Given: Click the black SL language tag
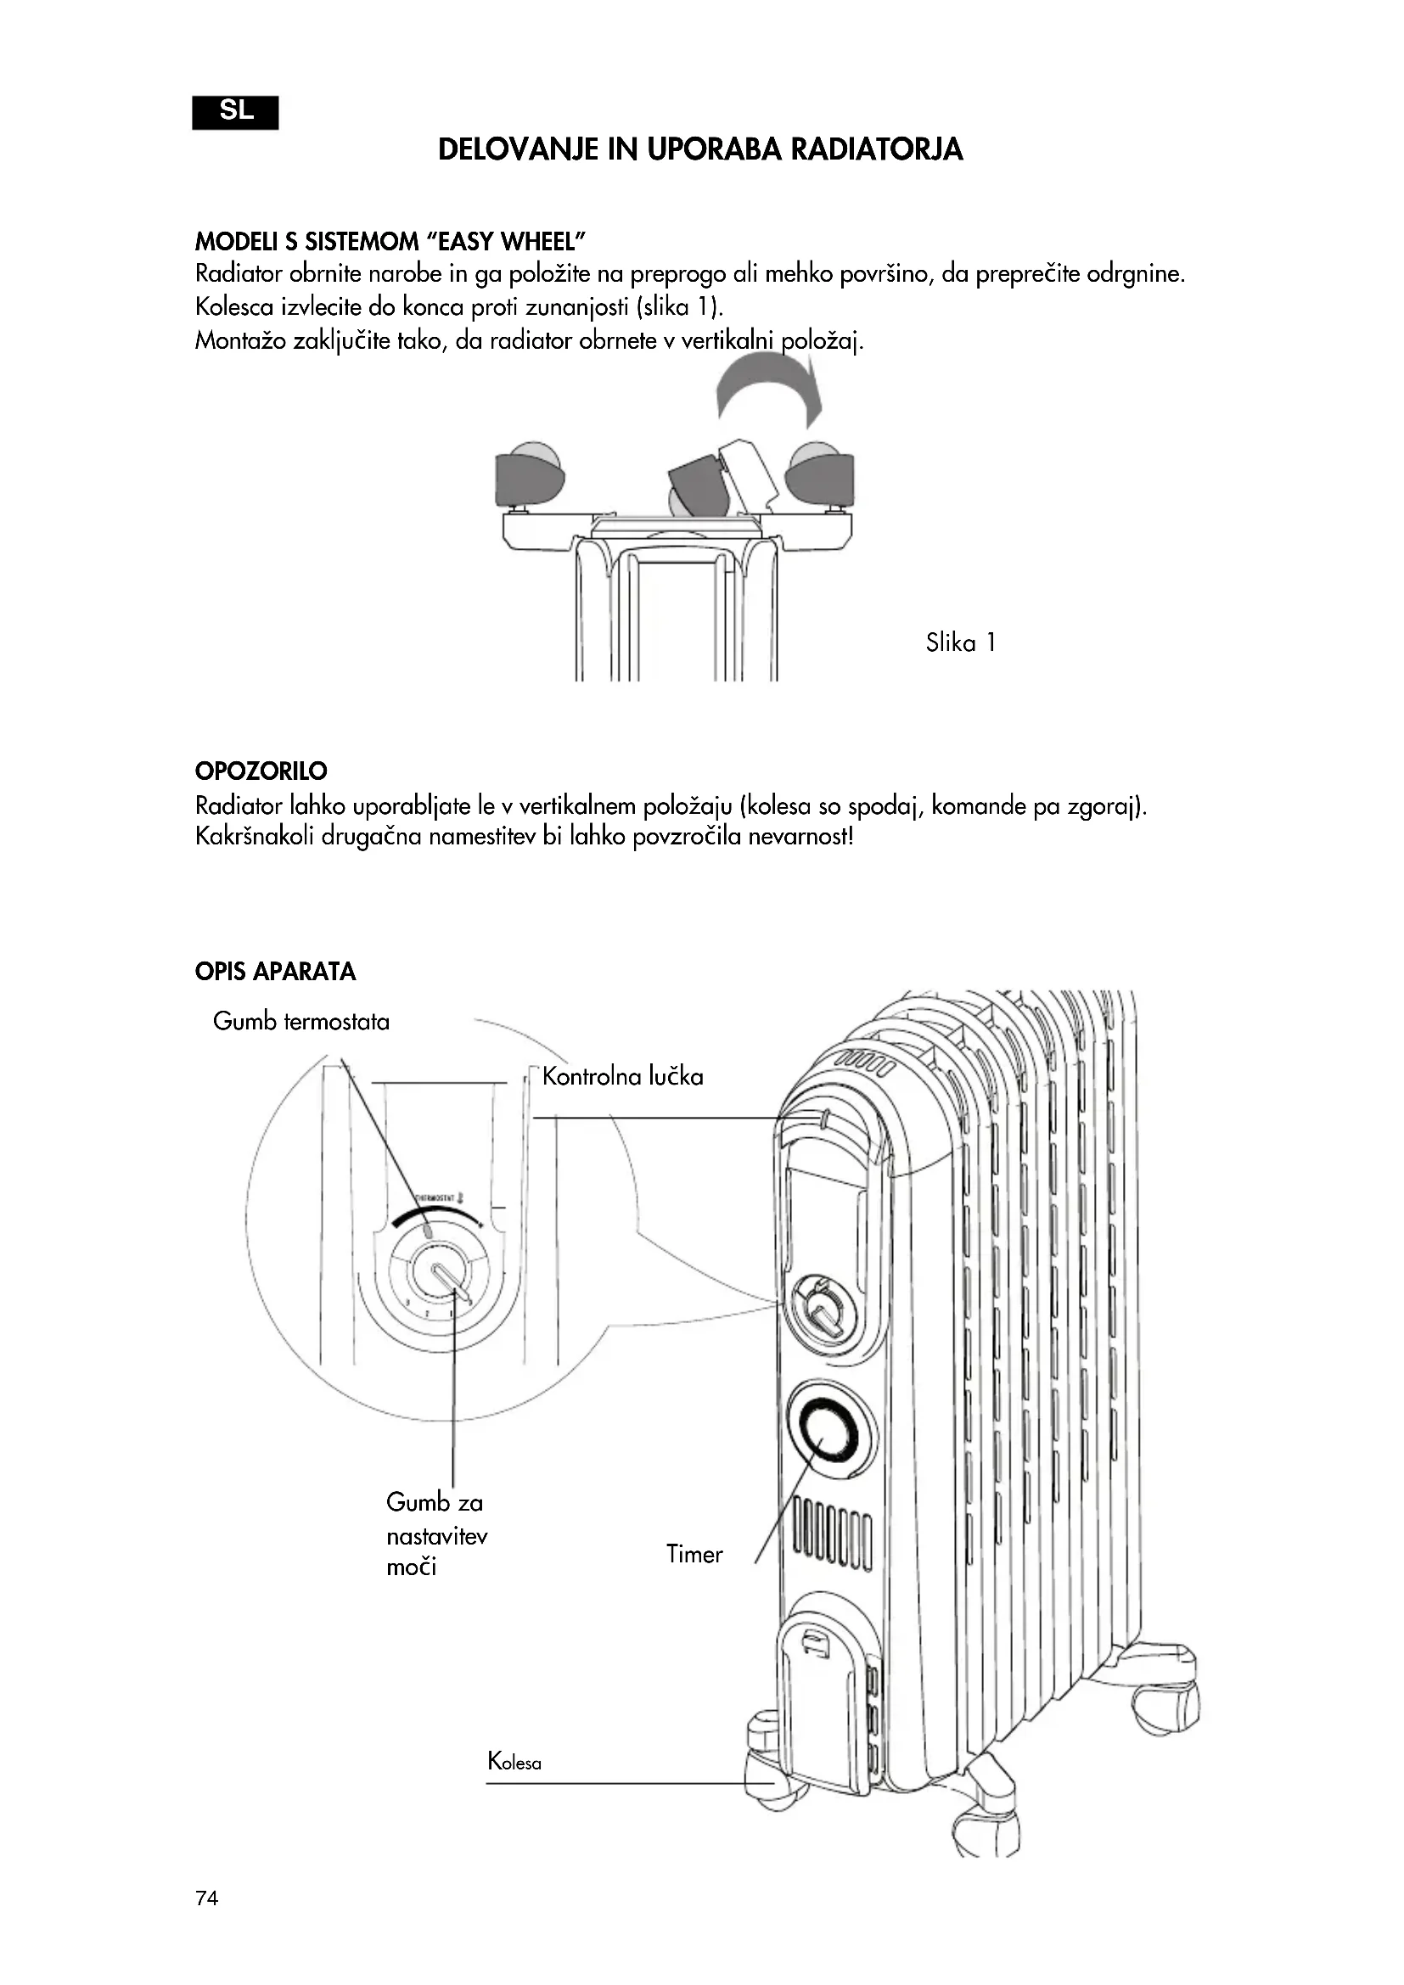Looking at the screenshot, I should tap(235, 112).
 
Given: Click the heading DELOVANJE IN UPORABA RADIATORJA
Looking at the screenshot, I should tap(700, 149).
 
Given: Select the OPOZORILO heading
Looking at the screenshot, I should tap(261, 771).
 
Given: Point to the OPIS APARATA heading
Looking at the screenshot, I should tap(275, 972).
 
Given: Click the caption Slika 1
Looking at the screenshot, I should tap(961, 642).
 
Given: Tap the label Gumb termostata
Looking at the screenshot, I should tap(300, 1022).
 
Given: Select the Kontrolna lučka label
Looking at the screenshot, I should tap(622, 1077).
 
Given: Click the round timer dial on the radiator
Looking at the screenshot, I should tap(830, 1430).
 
